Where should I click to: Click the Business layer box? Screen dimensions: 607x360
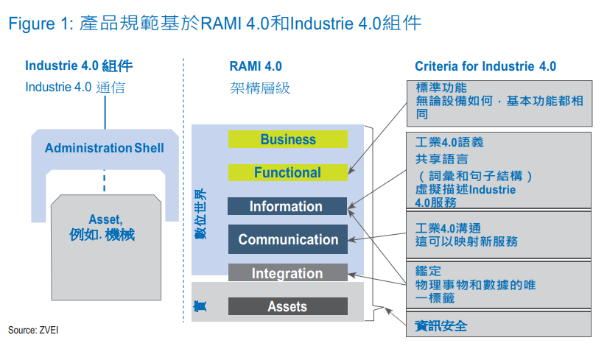coord(287,139)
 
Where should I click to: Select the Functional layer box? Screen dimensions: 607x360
coord(287,172)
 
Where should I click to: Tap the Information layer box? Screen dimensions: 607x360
coord(287,206)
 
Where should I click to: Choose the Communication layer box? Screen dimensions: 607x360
coord(287,239)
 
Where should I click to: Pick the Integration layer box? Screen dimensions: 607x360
coord(287,272)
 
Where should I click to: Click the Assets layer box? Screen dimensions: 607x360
coord(287,306)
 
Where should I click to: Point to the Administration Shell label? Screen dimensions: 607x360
coord(105,148)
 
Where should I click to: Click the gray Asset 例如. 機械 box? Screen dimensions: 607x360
coord(106,247)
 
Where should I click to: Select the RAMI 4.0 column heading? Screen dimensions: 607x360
coord(256,66)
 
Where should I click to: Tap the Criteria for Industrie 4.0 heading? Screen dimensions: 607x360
coord(485,66)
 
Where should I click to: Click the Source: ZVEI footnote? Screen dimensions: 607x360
coord(33,331)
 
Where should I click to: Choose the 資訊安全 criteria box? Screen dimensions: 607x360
coord(499,324)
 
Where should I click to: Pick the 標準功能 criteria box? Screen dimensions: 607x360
coord(499,103)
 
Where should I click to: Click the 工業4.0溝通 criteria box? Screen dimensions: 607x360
coord(499,235)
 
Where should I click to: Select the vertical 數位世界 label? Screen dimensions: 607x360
coord(200,214)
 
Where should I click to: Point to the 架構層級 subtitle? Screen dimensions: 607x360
coord(260,88)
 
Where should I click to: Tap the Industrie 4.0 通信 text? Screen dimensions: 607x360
coord(75,88)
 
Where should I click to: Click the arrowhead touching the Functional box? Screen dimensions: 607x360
coord(351,171)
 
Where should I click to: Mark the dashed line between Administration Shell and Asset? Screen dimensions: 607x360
coord(105,180)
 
